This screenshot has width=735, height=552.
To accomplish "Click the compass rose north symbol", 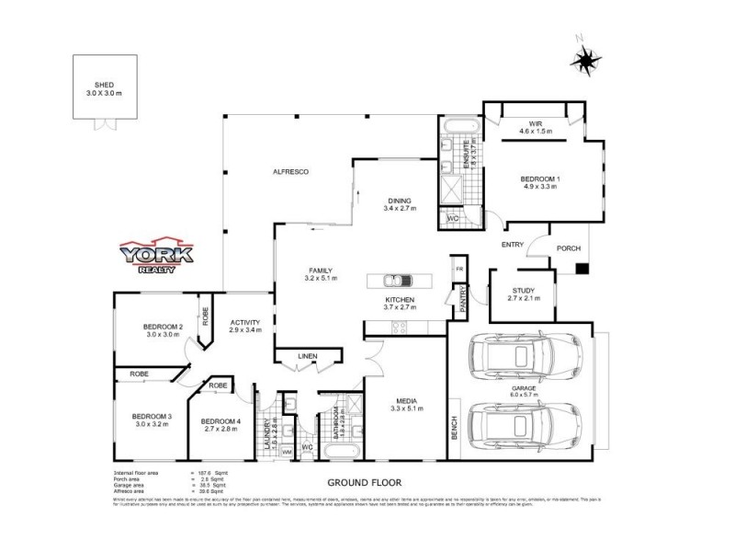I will tap(585, 61).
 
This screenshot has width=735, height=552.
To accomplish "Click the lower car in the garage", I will tap(523, 425).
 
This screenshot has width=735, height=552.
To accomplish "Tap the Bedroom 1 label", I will tap(541, 181).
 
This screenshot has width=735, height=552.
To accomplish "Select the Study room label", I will tap(527, 294).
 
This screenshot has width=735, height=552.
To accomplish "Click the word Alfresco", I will tap(288, 173).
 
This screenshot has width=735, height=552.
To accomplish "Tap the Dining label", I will tap(399, 203).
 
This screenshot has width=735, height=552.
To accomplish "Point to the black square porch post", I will tap(581, 270).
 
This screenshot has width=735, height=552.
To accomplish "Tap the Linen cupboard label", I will tap(308, 357).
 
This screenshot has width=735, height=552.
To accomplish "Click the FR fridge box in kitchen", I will tap(459, 268).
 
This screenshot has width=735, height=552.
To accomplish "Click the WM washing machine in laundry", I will tap(287, 453).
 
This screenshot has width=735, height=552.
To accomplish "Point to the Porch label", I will tap(571, 247).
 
